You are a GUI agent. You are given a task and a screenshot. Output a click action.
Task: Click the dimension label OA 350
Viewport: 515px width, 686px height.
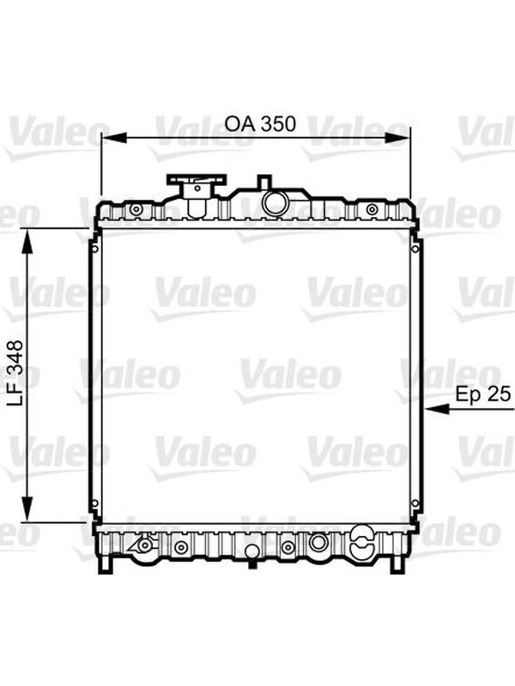pyautogui.click(x=260, y=123)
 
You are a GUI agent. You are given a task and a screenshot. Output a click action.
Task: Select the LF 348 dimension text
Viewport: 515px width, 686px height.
pyautogui.click(x=15, y=374)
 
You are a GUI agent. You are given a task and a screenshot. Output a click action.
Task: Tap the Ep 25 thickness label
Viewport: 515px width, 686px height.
pyautogui.click(x=482, y=394)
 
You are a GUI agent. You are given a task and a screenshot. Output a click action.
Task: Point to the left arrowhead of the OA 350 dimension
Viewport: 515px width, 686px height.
pyautogui.click(x=114, y=138)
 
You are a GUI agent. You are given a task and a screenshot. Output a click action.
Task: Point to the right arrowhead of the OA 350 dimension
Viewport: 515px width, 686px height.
pyautogui.click(x=397, y=138)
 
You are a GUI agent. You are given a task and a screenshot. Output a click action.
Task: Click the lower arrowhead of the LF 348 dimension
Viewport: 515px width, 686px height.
pyautogui.click(x=27, y=508)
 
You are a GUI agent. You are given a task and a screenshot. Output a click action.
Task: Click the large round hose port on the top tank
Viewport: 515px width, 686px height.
pyautogui.click(x=275, y=202)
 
